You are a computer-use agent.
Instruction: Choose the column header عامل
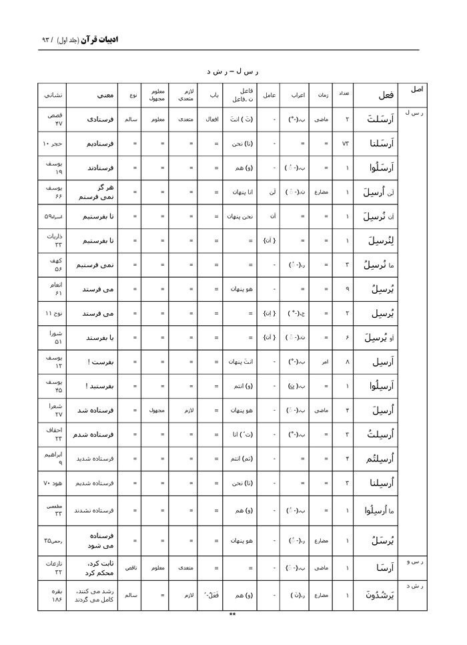tap(268, 95)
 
